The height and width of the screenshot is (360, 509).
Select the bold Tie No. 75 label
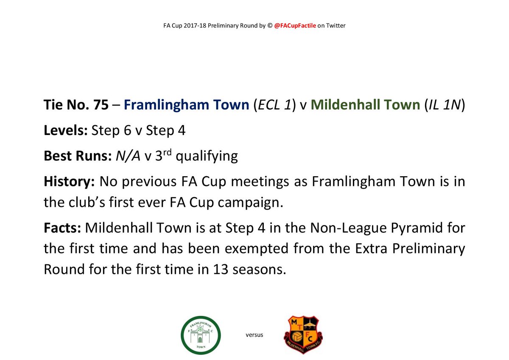click(x=76, y=105)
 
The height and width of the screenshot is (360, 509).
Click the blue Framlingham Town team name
click(x=186, y=105)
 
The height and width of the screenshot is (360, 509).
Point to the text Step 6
click(x=107, y=131)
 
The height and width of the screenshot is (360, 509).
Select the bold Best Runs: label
click(x=78, y=156)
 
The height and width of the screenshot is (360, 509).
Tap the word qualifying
click(x=207, y=157)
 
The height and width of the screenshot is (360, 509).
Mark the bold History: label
click(x=70, y=182)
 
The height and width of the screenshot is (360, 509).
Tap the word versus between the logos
click(x=255, y=335)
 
